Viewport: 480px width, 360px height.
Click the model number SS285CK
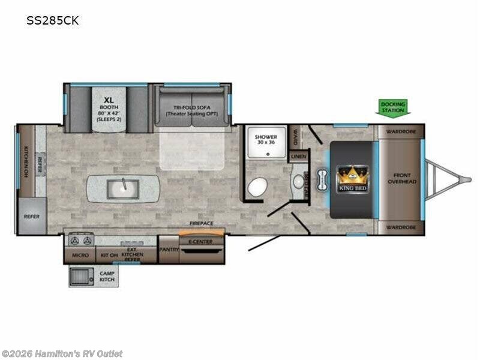tap(52, 20)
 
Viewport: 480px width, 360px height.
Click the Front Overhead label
tap(401, 177)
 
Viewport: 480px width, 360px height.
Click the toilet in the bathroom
tap(258, 188)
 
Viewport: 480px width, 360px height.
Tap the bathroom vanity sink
tap(299, 181)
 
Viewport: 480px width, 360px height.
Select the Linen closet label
tap(298, 157)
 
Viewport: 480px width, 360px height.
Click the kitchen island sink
tap(123, 189)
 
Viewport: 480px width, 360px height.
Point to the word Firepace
tap(202, 223)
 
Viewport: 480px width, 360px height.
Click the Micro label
tap(80, 255)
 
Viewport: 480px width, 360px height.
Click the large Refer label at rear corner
tap(31, 217)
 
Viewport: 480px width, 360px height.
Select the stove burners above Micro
tap(81, 241)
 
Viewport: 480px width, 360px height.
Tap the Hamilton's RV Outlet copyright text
tap(62, 353)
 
